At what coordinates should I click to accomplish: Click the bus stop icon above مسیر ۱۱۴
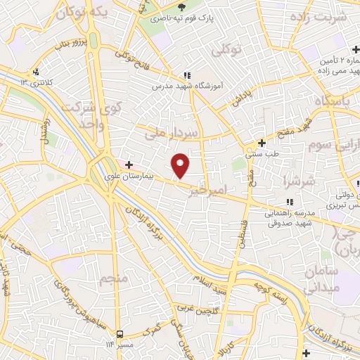[x=120, y=333]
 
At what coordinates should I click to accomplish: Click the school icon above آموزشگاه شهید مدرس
[x=186, y=75]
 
